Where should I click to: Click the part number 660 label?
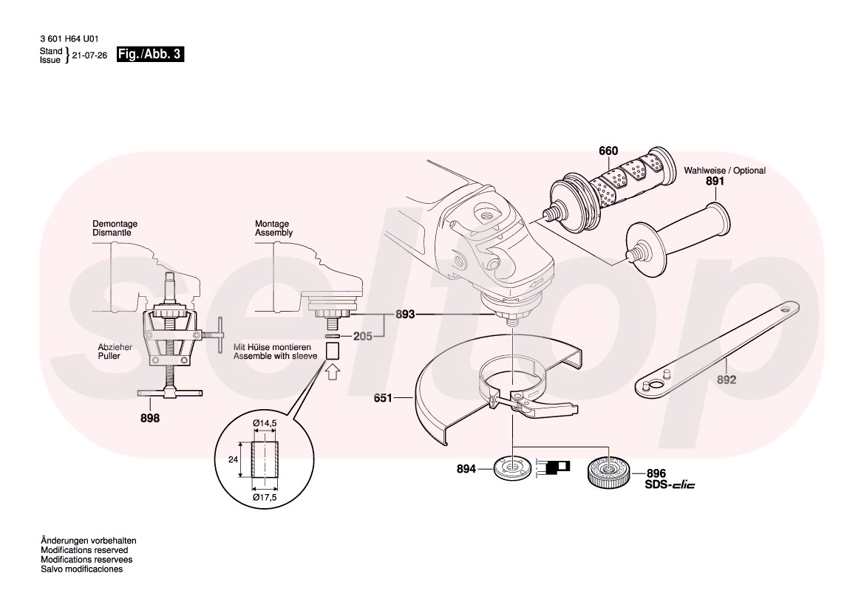tap(608, 151)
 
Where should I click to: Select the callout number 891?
tap(715, 181)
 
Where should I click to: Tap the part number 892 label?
tap(727, 380)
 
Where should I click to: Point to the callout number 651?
tap(383, 399)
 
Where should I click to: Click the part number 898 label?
tap(150, 417)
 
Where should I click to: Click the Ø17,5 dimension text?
tap(264, 498)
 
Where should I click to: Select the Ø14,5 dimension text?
tap(264, 422)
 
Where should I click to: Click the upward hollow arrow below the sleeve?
tap(333, 371)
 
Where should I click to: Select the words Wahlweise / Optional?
tap(724, 171)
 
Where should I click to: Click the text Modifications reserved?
tap(84, 550)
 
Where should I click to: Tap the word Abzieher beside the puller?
tap(113, 346)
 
